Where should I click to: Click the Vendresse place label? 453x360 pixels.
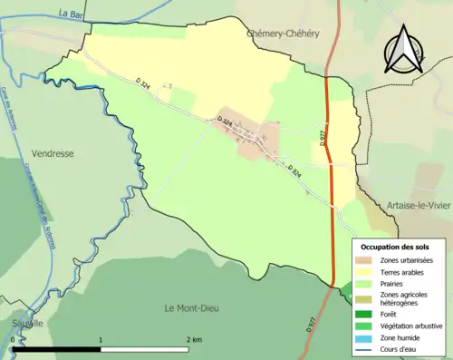52,154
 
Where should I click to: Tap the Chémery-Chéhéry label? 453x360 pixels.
283,33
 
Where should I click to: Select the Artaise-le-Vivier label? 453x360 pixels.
419,206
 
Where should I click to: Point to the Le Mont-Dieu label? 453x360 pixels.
195,308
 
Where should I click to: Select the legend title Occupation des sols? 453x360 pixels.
396,247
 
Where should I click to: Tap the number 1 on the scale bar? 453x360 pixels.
101,339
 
